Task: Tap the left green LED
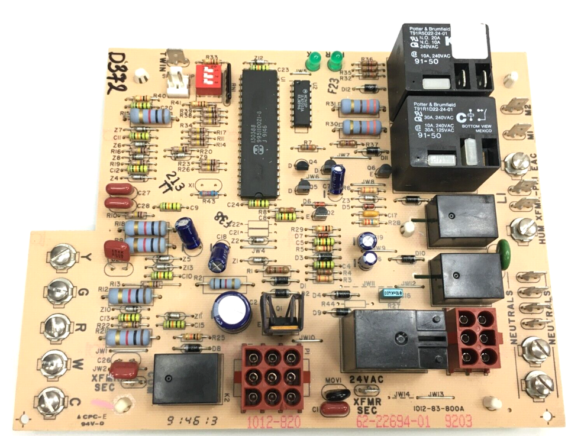click(x=313, y=60)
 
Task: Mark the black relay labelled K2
click(x=183, y=378)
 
